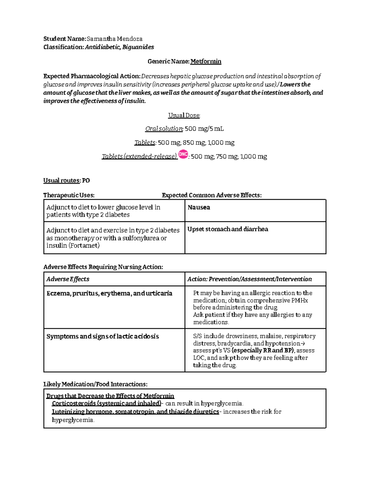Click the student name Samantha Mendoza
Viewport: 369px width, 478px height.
[114, 39]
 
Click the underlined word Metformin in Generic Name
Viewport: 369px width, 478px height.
[206, 62]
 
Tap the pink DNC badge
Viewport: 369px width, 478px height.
[183, 155]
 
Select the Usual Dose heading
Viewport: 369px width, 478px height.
[184, 115]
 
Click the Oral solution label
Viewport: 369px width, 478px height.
[164, 129]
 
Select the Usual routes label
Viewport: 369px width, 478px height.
[62, 181]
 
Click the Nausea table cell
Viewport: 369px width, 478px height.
[199, 207]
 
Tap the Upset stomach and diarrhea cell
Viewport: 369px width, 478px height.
[228, 229]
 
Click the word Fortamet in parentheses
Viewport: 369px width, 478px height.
[84, 246]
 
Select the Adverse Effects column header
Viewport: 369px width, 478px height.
[68, 279]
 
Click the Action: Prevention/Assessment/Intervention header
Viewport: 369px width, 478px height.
[249, 279]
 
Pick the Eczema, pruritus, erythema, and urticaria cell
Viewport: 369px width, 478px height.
[109, 293]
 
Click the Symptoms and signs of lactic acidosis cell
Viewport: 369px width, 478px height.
[102, 336]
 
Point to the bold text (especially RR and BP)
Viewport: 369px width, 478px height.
[263, 351]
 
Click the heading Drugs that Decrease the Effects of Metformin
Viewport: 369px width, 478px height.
[110, 396]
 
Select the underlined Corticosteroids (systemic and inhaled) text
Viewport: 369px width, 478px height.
[106, 404]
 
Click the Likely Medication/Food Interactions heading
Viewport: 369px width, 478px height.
[95, 384]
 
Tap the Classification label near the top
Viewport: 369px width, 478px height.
[63, 47]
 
